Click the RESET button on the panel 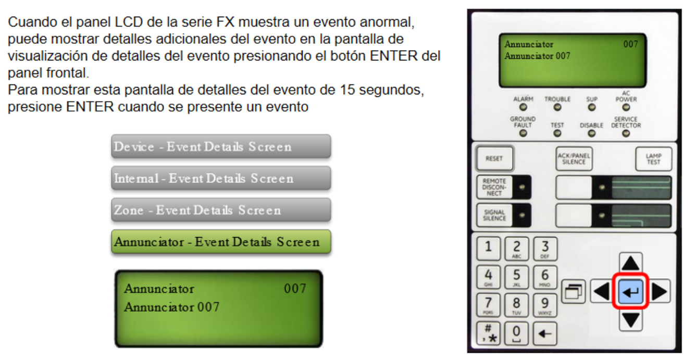pos(494,158)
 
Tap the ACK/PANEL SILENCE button pos(574,159)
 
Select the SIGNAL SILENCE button pos(494,215)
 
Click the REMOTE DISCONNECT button pos(494,187)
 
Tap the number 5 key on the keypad pos(516,277)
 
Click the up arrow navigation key pos(630,263)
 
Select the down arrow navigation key pos(630,320)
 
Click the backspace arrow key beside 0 pos(545,334)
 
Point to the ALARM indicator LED pos(523,107)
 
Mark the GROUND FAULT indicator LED pos(523,133)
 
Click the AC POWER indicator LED pos(626,107)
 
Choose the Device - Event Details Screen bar pos(221,146)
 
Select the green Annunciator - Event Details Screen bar pos(221,242)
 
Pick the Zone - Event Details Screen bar pos(221,210)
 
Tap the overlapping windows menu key pos(573,292)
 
